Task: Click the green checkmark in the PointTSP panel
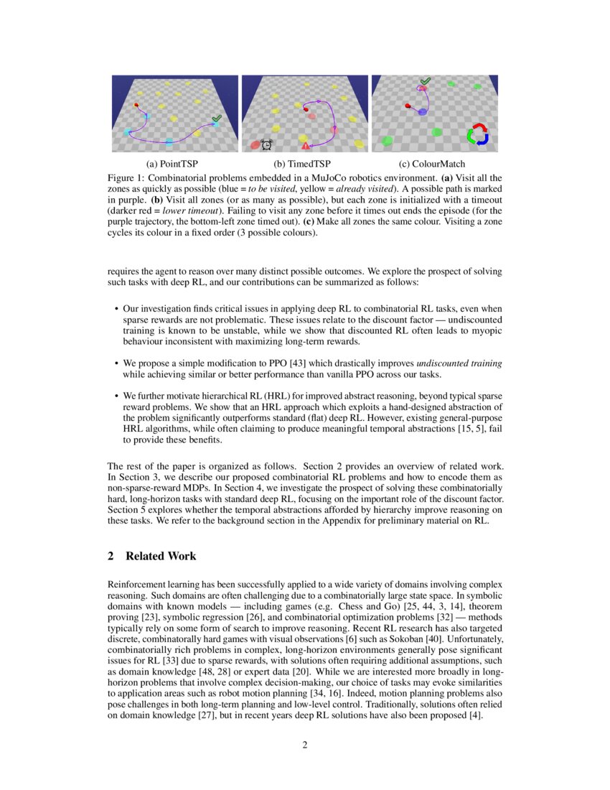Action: click(217, 118)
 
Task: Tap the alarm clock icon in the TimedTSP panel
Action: click(266, 144)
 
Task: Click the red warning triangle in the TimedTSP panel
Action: click(306, 146)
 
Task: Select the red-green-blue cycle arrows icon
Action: click(477, 135)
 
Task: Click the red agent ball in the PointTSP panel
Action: click(136, 106)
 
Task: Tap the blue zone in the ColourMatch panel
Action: click(423, 112)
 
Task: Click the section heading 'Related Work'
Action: click(160, 557)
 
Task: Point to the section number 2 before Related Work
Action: click(111, 557)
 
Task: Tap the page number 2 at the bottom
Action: click(305, 745)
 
